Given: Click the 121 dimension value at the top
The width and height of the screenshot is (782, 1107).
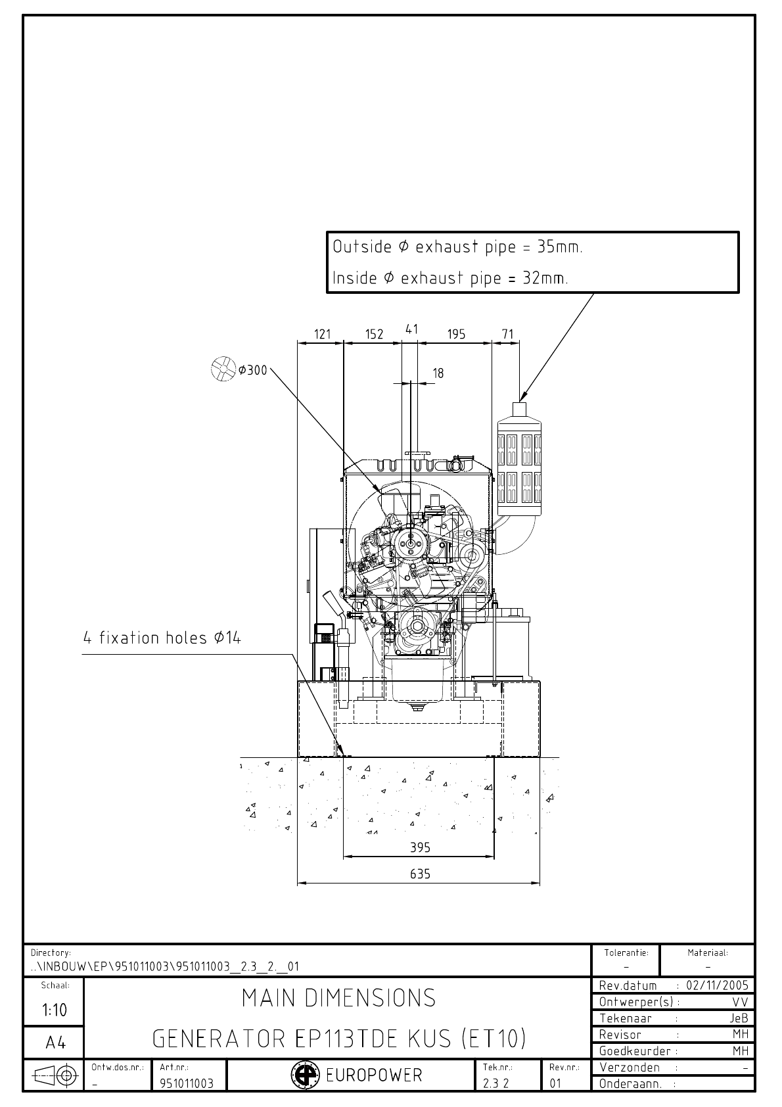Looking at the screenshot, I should (x=322, y=334).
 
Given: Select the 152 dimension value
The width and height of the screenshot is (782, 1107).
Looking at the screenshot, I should (x=374, y=334).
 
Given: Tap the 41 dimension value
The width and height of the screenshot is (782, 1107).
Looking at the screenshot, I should (x=412, y=329).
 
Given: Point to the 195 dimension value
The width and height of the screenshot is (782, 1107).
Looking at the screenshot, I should (x=456, y=334).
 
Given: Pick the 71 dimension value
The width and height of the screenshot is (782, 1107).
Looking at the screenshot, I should (x=507, y=334).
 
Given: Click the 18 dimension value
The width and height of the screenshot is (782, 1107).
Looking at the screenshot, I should (x=438, y=373).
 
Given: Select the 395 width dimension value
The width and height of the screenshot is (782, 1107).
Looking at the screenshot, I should (x=420, y=847).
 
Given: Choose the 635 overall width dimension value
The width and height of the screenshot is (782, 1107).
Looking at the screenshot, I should (x=420, y=874).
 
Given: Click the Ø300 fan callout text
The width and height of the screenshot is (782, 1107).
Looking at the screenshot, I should (x=252, y=370).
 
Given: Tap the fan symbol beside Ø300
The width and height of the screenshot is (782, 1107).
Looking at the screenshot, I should (x=223, y=369).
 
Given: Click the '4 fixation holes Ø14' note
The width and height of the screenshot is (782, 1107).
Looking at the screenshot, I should (x=162, y=638).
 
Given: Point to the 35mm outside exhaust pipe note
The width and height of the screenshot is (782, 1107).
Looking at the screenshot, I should (x=457, y=247).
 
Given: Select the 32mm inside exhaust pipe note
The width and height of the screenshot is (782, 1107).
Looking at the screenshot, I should (x=450, y=278).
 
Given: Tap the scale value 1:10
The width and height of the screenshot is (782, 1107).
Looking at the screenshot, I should (x=54, y=1010).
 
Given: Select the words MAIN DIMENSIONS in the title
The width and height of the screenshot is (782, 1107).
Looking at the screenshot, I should (x=338, y=998).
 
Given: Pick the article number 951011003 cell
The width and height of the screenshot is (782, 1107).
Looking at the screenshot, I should (x=187, y=1083).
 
